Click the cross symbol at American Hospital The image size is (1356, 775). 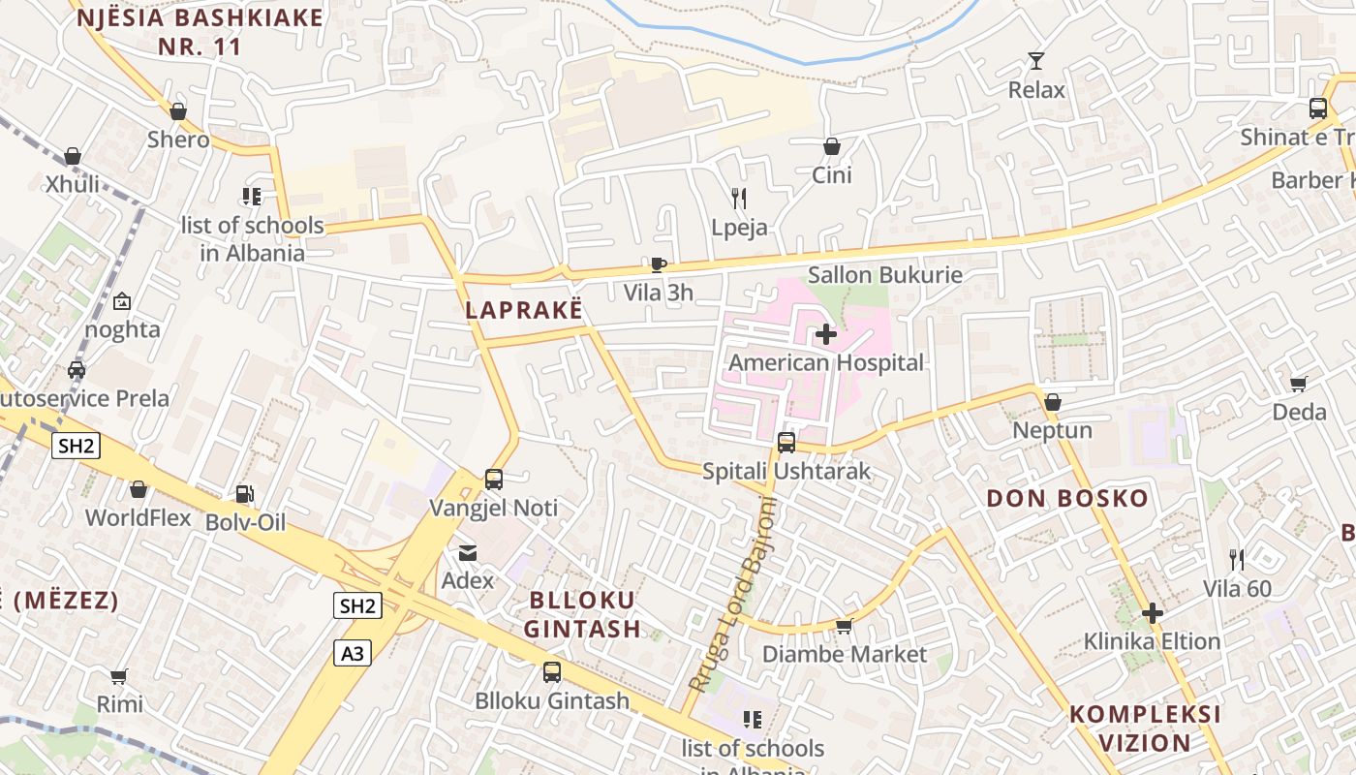pos(826,335)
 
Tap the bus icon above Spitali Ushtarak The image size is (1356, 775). pos(786,443)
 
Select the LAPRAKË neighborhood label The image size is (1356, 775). pos(525,310)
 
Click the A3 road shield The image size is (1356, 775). pos(354,654)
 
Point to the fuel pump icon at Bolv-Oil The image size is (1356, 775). pos(245,494)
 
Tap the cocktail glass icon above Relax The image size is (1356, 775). pos(1036,61)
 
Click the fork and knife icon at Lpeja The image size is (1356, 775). pos(739,199)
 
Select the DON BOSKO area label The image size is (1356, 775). pos(1067,500)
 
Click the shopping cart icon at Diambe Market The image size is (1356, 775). pos(844,627)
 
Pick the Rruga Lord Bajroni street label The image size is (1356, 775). pos(733,595)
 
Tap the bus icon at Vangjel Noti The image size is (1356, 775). pos(494,479)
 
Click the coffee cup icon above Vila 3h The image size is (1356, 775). pos(659,264)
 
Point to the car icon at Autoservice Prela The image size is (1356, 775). pos(77,369)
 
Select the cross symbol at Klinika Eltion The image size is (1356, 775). pos(1152,613)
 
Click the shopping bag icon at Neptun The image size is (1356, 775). pos(1053,401)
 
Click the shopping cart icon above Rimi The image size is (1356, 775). pos(119,675)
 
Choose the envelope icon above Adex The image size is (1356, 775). pos(468,553)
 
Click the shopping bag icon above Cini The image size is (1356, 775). pos(831,146)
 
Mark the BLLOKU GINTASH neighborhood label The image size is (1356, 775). pos(582,614)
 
